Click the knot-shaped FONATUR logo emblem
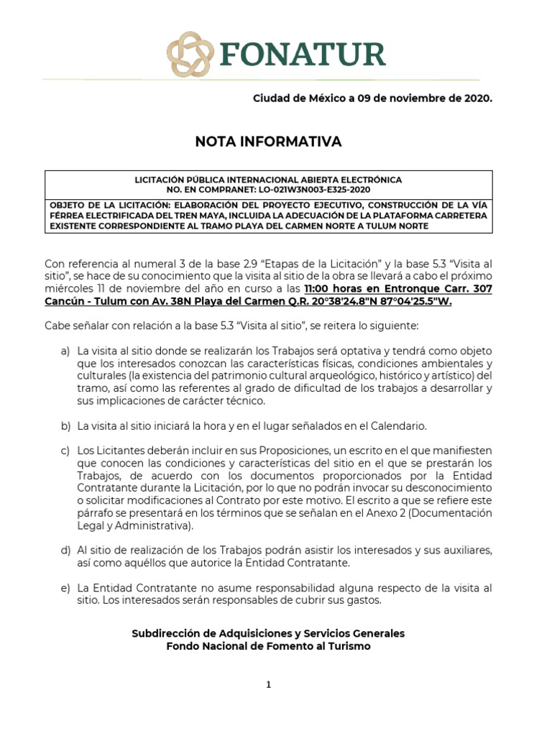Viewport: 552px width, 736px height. [190, 55]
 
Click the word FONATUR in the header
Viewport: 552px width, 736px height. [303, 55]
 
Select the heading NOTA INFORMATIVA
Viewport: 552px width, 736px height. [268, 142]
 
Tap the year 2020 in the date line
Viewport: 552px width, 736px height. [477, 98]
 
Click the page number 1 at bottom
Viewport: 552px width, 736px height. [269, 685]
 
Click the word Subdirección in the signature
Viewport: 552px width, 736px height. [165, 633]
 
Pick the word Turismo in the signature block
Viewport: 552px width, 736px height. [349, 646]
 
